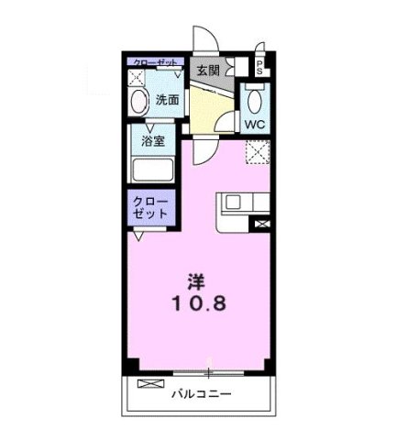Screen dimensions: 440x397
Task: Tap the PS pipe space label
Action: [x=259, y=65]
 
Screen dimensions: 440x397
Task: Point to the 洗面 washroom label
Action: [x=167, y=99]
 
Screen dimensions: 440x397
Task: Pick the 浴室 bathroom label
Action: [x=153, y=142]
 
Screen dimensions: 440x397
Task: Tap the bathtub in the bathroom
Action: [x=154, y=170]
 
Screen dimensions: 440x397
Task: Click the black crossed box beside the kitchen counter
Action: [x=264, y=223]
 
